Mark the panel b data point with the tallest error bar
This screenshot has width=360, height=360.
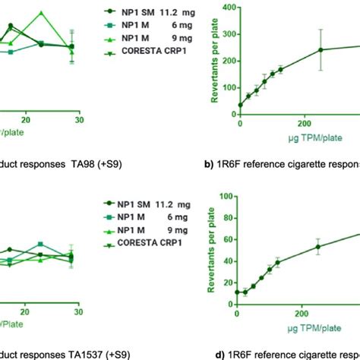click(321, 49)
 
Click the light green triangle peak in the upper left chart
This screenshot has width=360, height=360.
click(43, 13)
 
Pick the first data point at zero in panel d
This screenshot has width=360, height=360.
click(240, 292)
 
